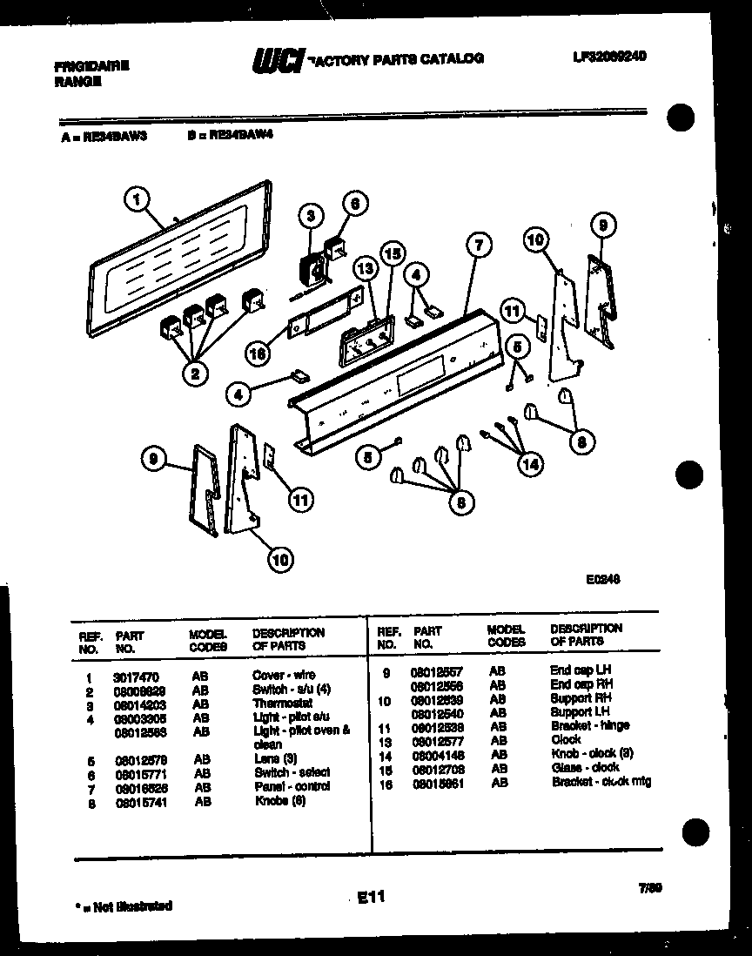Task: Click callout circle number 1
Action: click(x=135, y=201)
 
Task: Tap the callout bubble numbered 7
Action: click(x=476, y=246)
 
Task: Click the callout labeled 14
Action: click(x=528, y=464)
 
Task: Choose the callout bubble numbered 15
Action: click(x=393, y=253)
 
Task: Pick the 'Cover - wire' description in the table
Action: click(x=283, y=675)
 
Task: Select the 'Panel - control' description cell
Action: click(x=292, y=786)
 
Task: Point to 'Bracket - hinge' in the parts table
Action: click(x=589, y=725)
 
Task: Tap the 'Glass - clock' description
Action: click(x=584, y=767)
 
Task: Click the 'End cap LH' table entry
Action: click(x=581, y=670)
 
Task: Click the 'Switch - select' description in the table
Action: click(x=292, y=772)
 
